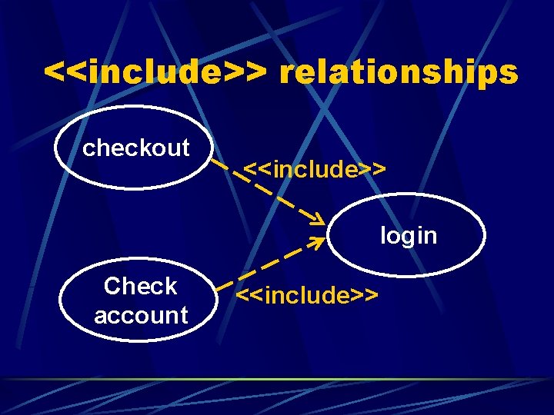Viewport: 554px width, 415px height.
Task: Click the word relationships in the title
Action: pos(399,73)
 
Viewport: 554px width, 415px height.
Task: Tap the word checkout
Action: pos(136,147)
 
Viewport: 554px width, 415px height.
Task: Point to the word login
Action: pos(409,235)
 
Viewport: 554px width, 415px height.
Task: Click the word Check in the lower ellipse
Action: pos(141,286)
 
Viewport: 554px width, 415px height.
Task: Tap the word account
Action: pos(141,314)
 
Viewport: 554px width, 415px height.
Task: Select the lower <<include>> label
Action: pos(307,294)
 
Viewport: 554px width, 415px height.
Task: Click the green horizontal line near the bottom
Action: pos(277,379)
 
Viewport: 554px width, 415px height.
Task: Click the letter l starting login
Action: pos(383,234)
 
